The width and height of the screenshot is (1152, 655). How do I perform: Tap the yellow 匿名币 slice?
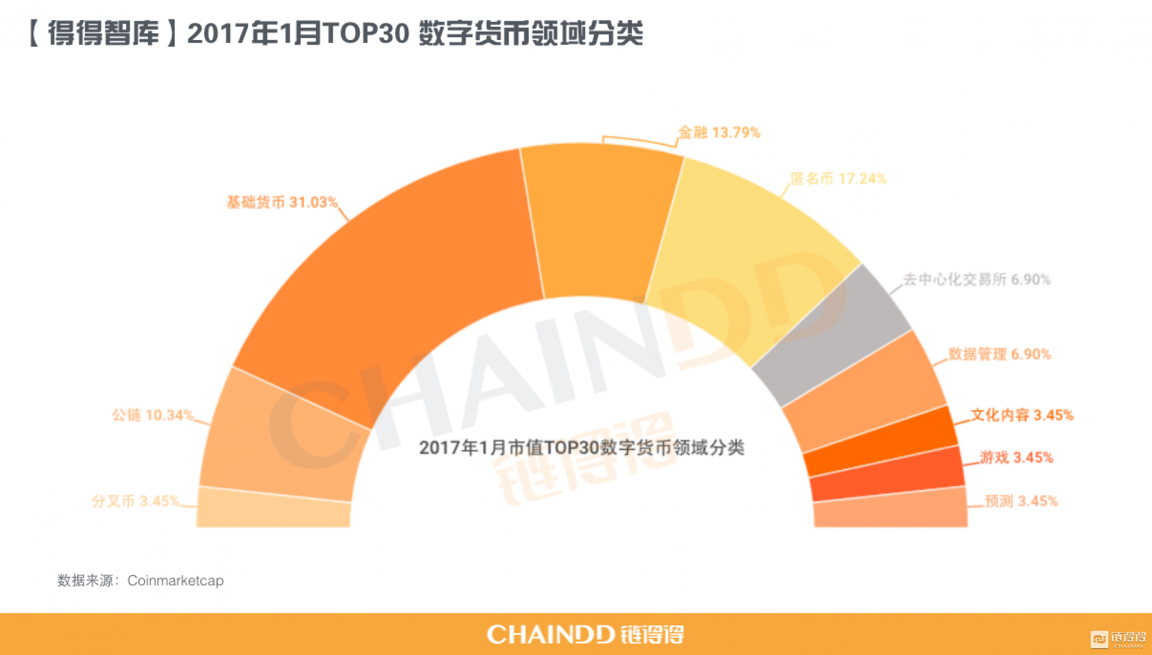pyautogui.click(x=740, y=255)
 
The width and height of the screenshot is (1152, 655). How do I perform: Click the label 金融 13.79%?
pyautogui.click(x=719, y=133)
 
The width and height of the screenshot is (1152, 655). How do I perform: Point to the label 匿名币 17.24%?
pyautogui.click(x=838, y=179)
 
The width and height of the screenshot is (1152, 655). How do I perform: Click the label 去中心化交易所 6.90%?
pyautogui.click(x=977, y=280)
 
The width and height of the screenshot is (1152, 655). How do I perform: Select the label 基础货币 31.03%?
pyautogui.click(x=282, y=202)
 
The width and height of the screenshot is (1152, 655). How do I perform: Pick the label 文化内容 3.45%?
pyautogui.click(x=1022, y=415)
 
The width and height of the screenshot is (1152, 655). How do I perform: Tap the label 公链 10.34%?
pyautogui.click(x=152, y=415)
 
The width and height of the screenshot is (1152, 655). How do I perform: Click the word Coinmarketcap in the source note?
pyautogui.click(x=175, y=581)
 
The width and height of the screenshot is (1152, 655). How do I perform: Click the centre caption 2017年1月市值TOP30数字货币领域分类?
pyautogui.click(x=581, y=448)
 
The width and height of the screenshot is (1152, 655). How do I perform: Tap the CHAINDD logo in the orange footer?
pyautogui.click(x=585, y=635)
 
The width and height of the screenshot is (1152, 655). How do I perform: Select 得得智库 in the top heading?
pyautogui.click(x=103, y=33)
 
